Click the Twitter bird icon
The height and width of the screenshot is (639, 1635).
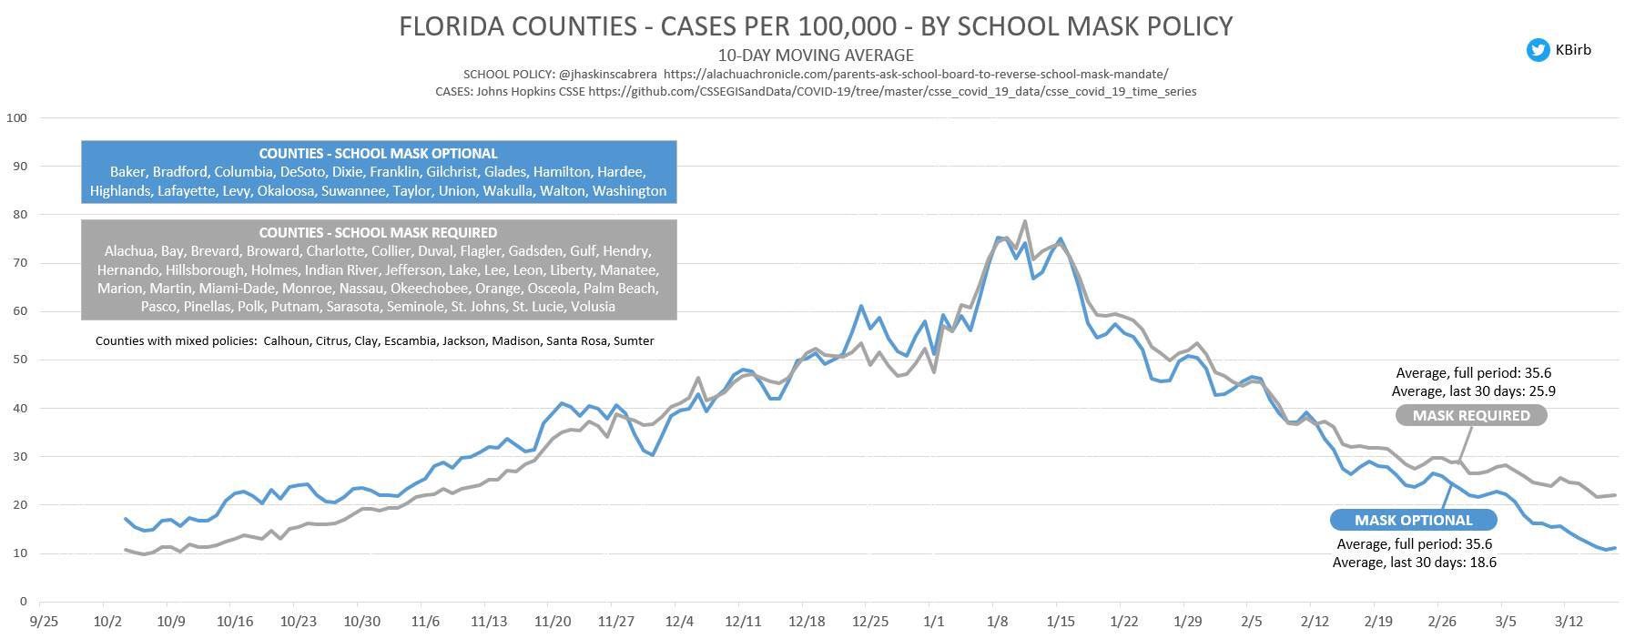point(1538,50)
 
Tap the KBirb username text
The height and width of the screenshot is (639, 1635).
point(1573,50)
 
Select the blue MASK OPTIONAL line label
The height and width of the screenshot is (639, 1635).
point(1413,521)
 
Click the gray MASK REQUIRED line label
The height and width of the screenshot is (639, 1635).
point(1470,416)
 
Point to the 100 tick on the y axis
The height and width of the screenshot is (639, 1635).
point(16,117)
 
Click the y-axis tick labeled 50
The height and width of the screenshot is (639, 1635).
point(19,360)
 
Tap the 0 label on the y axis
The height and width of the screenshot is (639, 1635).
point(23,602)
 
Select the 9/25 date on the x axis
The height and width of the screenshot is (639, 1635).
point(44,622)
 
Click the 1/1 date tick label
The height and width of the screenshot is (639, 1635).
point(934,622)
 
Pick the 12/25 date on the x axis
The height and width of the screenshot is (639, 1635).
point(870,622)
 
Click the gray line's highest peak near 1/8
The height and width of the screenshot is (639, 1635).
point(1024,221)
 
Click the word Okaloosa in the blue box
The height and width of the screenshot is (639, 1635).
point(287,191)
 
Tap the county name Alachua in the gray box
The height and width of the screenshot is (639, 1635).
point(129,251)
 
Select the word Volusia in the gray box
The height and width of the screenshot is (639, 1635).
point(593,307)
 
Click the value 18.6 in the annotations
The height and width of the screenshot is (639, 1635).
point(1481,563)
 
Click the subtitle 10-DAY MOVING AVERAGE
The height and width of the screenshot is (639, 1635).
point(815,55)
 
